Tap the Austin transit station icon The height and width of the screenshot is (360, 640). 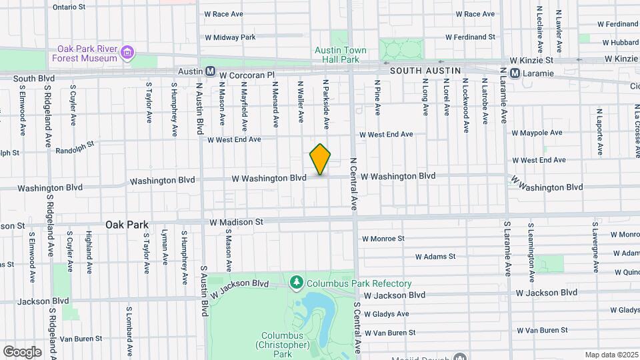click(210, 71)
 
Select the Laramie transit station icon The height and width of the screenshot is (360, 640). click(515, 73)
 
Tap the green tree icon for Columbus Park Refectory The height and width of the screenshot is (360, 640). click(297, 283)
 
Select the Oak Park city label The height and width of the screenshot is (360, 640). click(127, 225)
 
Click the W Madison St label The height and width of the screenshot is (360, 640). click(237, 221)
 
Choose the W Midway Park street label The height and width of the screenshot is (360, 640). click(230, 37)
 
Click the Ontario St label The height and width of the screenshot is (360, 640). click(69, 7)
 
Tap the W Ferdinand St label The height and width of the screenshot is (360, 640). click(471, 37)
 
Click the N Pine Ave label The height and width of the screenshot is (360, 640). click(377, 99)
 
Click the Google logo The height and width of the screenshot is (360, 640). click(22, 351)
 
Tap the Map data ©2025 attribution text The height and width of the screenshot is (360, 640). click(611, 355)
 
